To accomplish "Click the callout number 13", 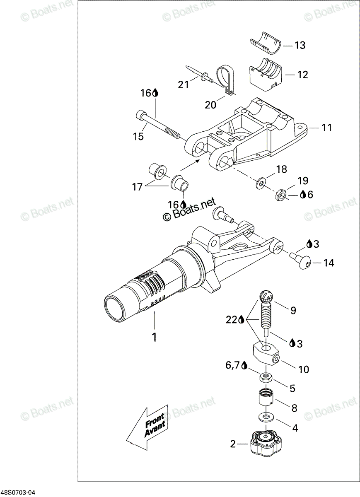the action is point(300,45).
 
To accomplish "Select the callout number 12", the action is point(302,75).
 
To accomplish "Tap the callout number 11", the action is point(326,128).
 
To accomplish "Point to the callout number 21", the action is point(184,84).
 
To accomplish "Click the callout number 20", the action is point(210,104).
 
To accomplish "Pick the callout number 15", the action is point(138,136).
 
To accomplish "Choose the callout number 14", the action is point(329,263).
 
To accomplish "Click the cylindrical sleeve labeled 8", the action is point(266,399).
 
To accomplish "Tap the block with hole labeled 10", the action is point(266,353).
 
